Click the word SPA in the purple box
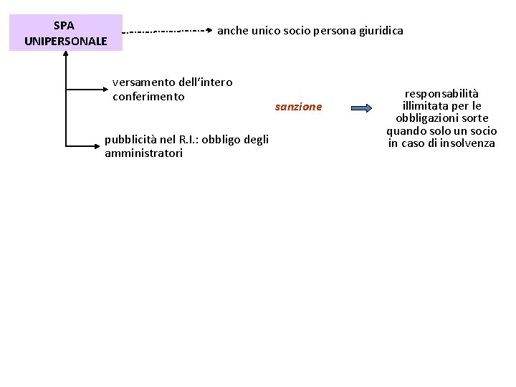pos(65,25)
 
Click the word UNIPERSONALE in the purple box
pos(65,41)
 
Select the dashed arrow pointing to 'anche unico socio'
pos(169,32)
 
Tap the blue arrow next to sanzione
pos(360,107)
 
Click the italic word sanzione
pos(299,107)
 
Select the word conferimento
pos(148,97)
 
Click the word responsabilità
pos(441,93)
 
